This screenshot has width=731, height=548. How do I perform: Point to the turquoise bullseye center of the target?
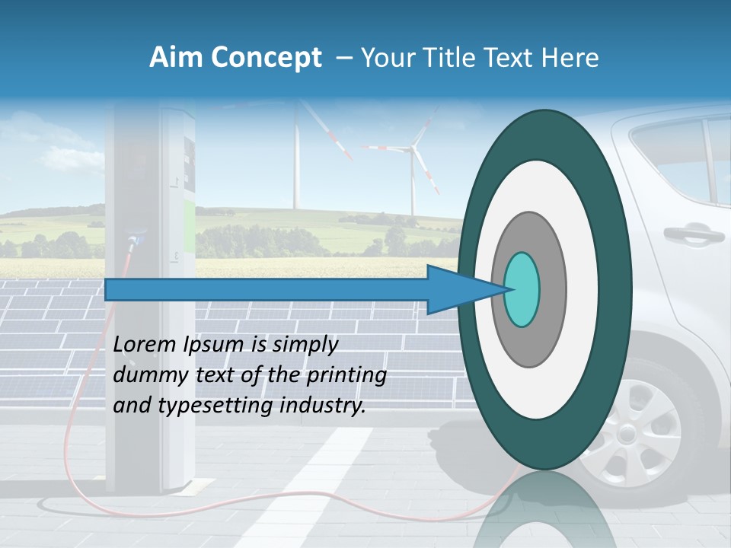[x=522, y=289]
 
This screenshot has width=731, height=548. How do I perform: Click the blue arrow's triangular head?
[x=457, y=289]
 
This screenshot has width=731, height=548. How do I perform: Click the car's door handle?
[x=693, y=233]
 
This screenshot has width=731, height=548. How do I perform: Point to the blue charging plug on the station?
[x=136, y=241]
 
